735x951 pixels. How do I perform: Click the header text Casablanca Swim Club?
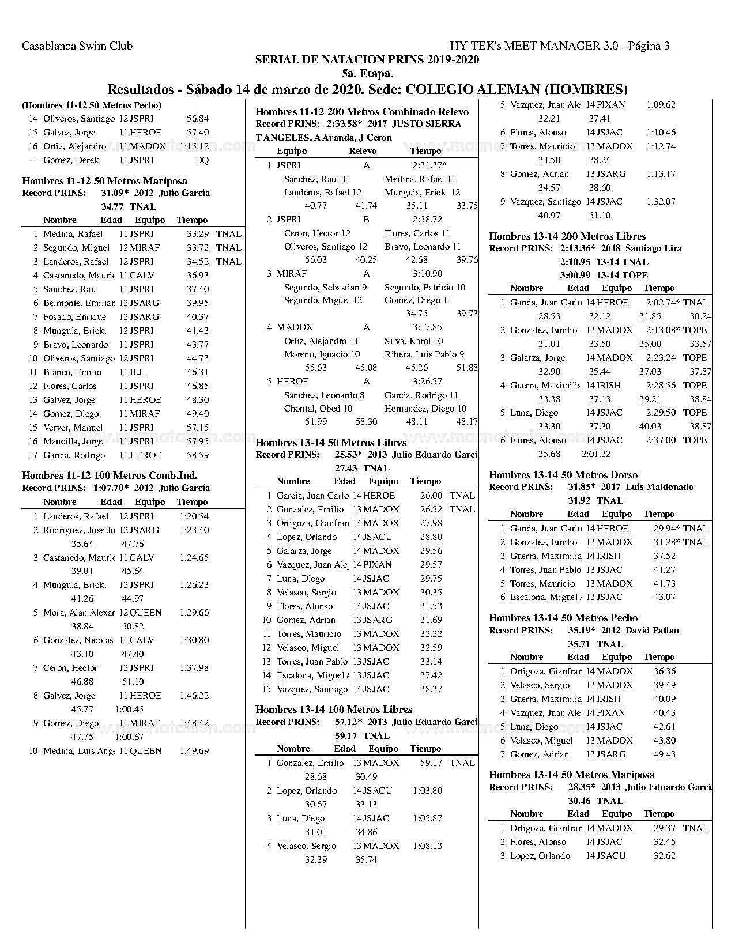point(77,46)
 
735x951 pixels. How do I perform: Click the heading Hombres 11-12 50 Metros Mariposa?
point(104,181)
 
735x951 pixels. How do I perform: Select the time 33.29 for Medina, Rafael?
point(198,234)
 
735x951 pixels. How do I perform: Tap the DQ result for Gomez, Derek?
point(202,160)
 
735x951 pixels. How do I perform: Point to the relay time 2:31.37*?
point(429,165)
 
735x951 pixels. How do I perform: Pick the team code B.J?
point(137,372)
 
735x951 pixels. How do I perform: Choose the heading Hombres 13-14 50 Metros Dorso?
point(563,475)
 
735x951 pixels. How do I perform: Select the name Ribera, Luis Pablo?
point(424,354)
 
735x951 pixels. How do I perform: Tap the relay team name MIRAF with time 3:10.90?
point(292,274)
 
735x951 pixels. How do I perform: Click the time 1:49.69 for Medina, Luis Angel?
point(194,751)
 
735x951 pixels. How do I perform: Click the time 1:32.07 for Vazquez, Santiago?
point(661,202)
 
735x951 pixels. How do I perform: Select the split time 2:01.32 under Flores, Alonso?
point(596,454)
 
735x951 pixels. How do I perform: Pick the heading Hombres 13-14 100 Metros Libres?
point(334,710)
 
